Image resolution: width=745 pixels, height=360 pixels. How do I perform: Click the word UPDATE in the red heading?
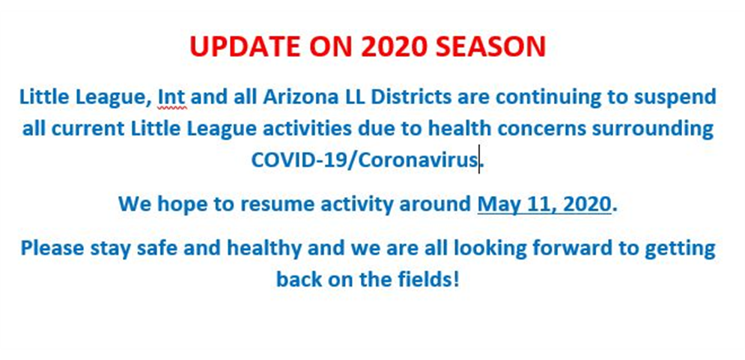pyautogui.click(x=245, y=46)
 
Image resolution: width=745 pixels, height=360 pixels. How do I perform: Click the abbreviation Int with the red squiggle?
pyautogui.click(x=171, y=97)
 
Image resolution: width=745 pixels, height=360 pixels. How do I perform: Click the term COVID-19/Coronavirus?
pyautogui.click(x=365, y=160)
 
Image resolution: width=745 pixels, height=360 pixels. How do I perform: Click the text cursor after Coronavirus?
pyautogui.click(x=479, y=159)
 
